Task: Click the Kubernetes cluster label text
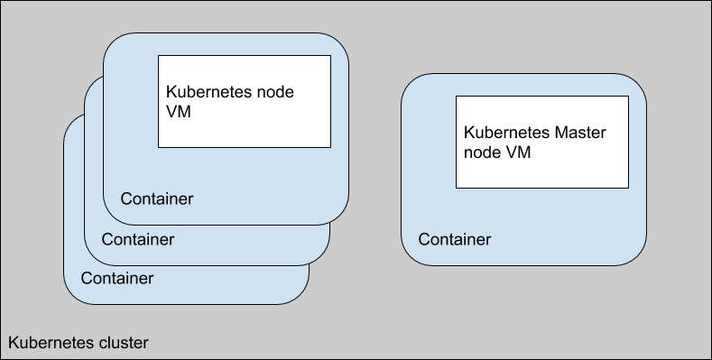pos(78,343)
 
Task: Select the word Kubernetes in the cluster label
pos(51,343)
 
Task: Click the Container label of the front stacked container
pos(157,198)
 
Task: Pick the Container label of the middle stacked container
pos(137,239)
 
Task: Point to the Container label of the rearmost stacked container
pos(116,278)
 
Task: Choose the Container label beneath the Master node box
pos(455,239)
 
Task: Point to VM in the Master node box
pos(518,152)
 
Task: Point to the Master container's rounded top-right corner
pos(638,83)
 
